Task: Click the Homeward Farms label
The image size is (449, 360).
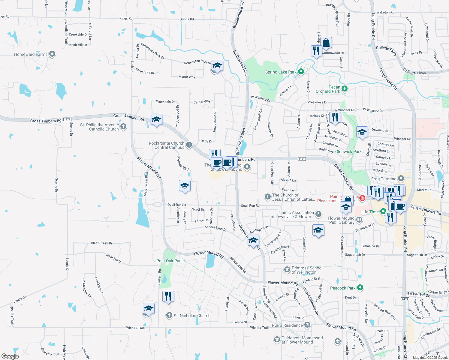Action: (31, 54)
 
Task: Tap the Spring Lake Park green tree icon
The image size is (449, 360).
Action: (301, 72)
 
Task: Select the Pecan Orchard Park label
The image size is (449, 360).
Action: (328, 89)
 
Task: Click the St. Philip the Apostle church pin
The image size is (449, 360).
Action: (123, 127)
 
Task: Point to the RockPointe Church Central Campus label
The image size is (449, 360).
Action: (167, 145)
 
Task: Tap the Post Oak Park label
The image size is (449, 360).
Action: (169, 261)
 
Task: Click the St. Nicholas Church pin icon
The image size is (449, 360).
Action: (169, 315)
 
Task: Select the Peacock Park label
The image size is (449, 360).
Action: (342, 288)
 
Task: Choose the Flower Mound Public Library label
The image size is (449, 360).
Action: (342, 220)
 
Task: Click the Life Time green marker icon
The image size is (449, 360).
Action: (383, 211)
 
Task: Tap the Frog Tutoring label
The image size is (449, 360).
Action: (384, 179)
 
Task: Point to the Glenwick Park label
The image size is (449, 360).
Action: (348, 151)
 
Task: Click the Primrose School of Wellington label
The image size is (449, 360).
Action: (307, 270)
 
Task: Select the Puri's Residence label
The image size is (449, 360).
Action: (287, 325)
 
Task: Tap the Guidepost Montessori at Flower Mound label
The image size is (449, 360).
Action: (302, 340)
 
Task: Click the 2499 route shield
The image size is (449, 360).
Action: (405, 299)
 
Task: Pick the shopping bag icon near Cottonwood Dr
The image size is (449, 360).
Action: (326, 43)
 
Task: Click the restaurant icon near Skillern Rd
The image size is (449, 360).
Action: (168, 296)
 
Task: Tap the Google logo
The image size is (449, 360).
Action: (10, 356)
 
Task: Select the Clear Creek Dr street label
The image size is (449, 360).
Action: (101, 243)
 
